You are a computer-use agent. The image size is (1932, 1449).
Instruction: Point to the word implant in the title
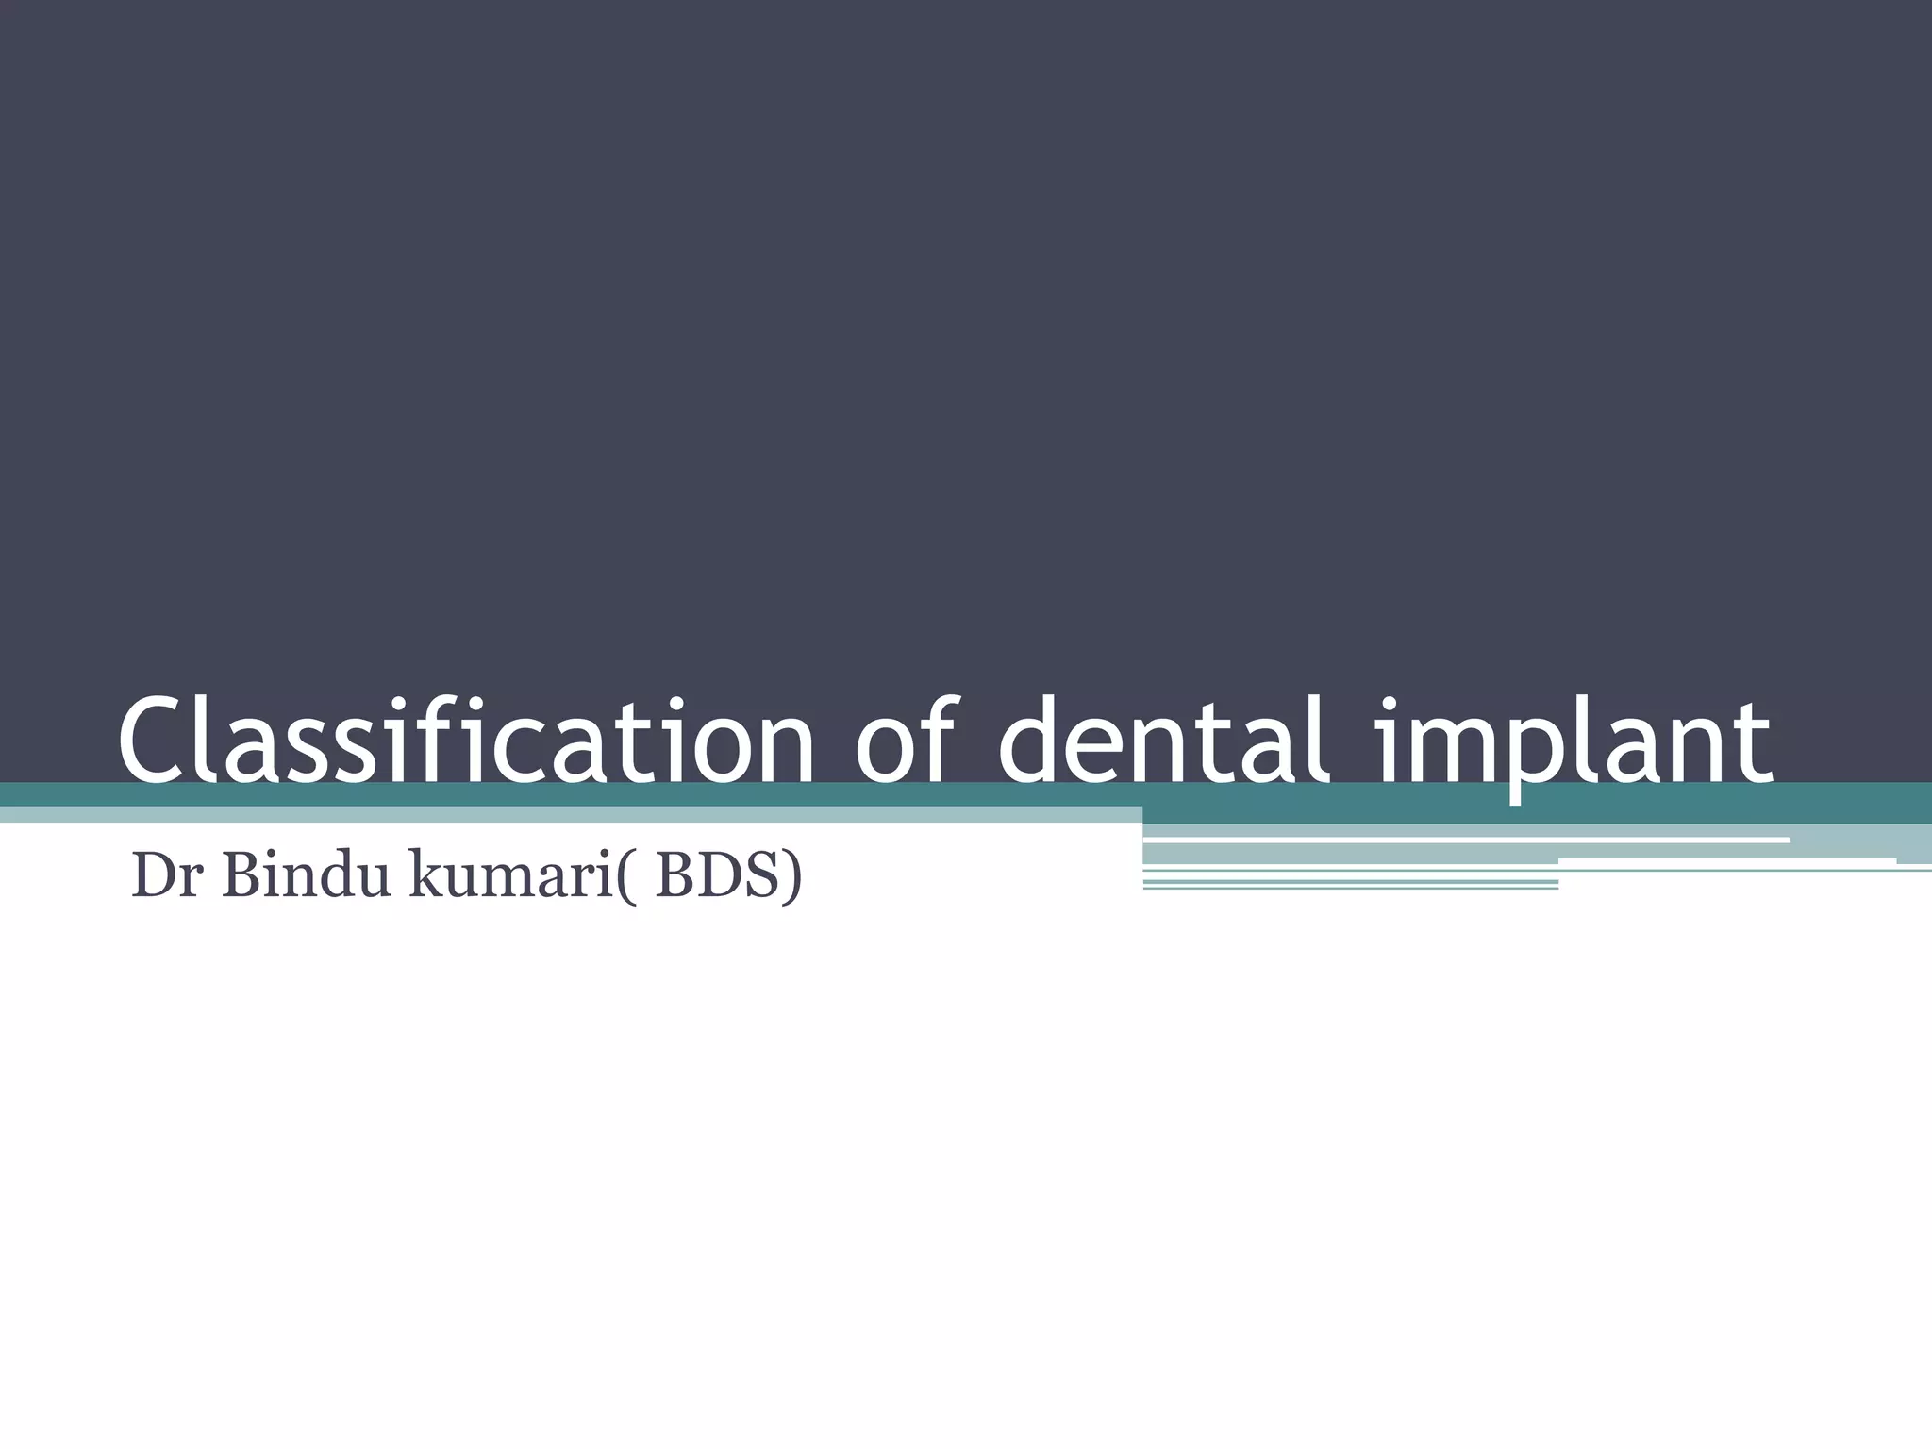tap(1574, 741)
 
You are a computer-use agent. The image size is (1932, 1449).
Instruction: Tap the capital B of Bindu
tap(242, 875)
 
